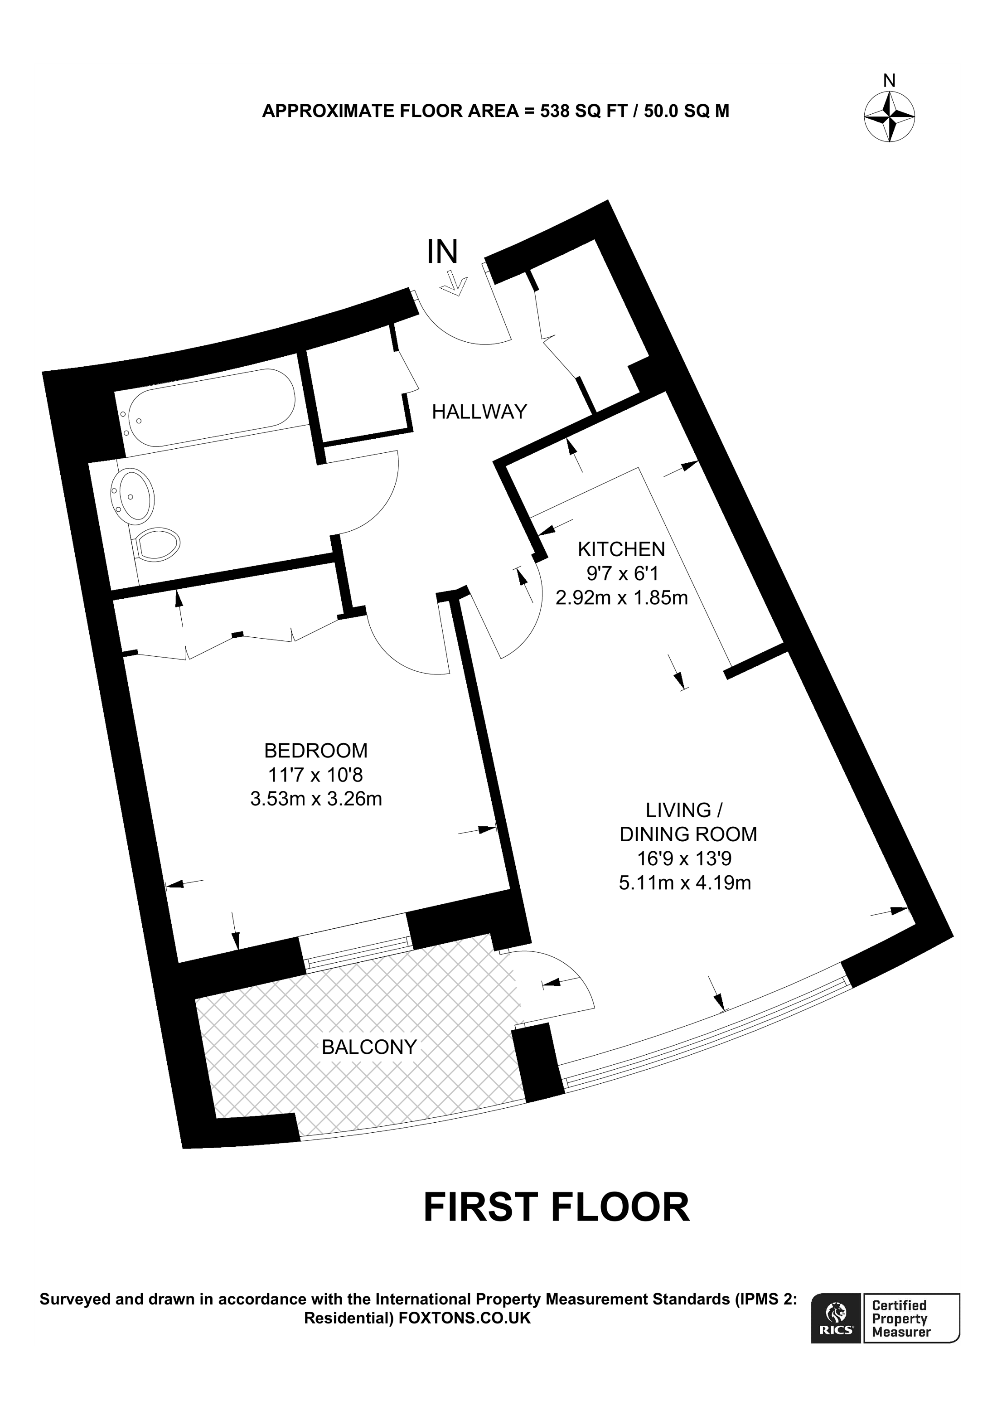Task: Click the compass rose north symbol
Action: (x=889, y=116)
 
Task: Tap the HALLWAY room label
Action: (x=479, y=411)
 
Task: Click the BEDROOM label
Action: (x=316, y=750)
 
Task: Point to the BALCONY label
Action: (x=369, y=1047)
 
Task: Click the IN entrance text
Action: (x=443, y=252)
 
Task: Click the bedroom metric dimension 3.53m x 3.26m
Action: (x=316, y=799)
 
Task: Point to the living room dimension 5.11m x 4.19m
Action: (x=685, y=883)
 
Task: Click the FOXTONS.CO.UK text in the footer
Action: (x=465, y=1319)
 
